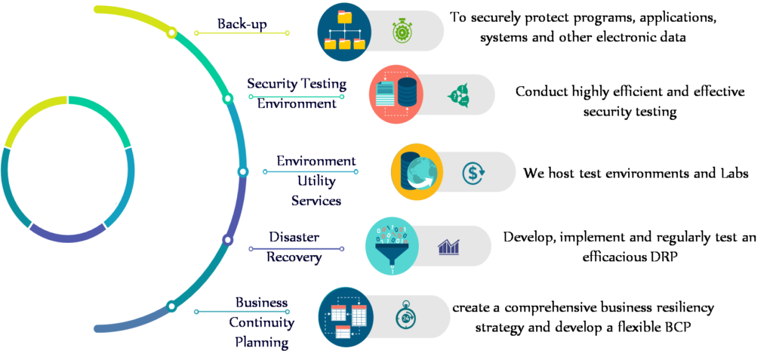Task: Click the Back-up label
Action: tap(242, 23)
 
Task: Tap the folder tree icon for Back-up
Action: tap(344, 31)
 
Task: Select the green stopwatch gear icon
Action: tap(402, 31)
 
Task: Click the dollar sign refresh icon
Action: tap(473, 173)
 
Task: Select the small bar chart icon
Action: tap(448, 247)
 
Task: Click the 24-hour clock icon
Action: tap(405, 317)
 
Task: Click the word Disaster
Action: tap(294, 237)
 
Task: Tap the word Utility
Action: tap(316, 181)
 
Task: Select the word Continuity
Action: tap(261, 323)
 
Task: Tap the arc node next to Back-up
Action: tap(171, 33)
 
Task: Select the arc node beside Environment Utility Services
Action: tap(242, 171)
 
